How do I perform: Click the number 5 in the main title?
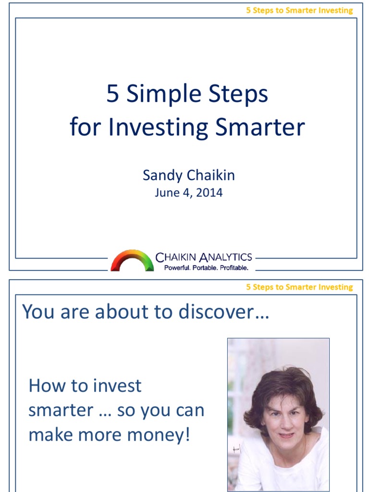[x=112, y=94]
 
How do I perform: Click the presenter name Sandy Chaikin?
[x=188, y=175]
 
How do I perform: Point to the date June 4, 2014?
[x=188, y=193]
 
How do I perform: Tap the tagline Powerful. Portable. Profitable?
[x=206, y=268]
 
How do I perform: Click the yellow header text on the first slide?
[x=299, y=10]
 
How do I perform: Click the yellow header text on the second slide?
[x=299, y=287]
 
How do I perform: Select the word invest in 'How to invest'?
[x=116, y=385]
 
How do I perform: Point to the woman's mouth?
[x=286, y=435]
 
